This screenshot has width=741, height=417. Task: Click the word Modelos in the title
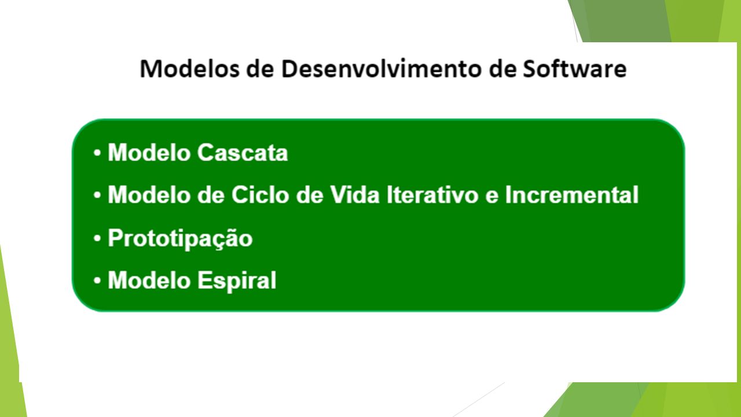[189, 69]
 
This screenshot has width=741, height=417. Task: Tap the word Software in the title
[575, 69]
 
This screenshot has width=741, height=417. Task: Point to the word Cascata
[243, 153]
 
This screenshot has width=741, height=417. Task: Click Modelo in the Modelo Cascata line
[149, 153]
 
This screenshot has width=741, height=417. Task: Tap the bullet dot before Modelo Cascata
[97, 153]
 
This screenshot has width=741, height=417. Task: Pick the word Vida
[355, 195]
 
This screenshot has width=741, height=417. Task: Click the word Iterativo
[432, 195]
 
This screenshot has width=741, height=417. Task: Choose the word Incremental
[571, 195]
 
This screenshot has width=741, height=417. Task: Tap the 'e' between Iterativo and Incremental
[492, 197]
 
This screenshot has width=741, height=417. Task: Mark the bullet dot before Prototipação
[97, 238]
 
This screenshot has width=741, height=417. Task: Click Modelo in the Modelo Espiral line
[149, 280]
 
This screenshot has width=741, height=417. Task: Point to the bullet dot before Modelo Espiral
[97, 281]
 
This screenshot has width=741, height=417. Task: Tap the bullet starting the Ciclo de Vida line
[97, 195]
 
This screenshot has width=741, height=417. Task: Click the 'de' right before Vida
[310, 195]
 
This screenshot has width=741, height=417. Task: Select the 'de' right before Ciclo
[211, 195]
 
